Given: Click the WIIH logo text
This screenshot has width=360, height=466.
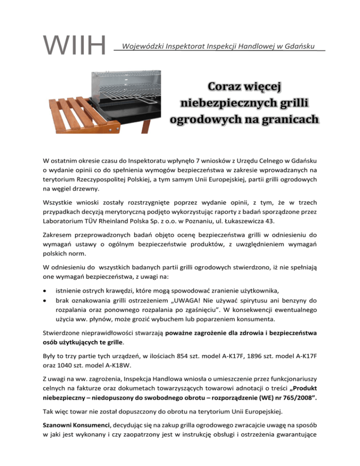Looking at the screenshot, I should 74,45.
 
